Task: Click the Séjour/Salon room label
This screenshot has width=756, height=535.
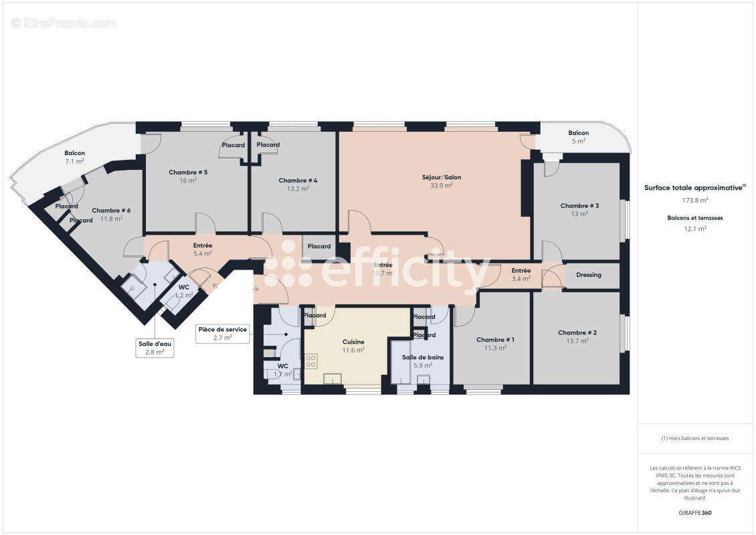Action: click(441, 177)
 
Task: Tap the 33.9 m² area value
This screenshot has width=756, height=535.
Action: click(441, 186)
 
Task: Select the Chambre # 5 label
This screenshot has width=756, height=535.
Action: click(187, 172)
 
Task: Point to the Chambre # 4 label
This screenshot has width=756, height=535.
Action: click(298, 180)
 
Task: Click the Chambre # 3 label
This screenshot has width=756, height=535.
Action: click(579, 205)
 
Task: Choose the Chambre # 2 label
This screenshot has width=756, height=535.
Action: click(577, 332)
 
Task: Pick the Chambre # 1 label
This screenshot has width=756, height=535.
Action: click(495, 339)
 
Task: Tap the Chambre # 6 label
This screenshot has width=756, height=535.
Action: click(111, 210)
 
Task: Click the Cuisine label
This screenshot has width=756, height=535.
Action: click(353, 342)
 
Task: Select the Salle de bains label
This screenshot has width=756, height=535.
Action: click(422, 357)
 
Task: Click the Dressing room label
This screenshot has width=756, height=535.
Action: click(588, 275)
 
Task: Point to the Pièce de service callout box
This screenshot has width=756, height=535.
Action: click(222, 333)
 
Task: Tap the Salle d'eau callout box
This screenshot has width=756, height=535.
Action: click(155, 347)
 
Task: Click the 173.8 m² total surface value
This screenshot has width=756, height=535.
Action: click(695, 200)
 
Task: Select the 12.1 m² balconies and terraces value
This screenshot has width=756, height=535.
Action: click(695, 229)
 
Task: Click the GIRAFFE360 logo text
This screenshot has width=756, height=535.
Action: click(695, 513)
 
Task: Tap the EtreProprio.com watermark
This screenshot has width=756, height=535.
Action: click(64, 23)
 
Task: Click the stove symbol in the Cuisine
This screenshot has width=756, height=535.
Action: click(311, 361)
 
